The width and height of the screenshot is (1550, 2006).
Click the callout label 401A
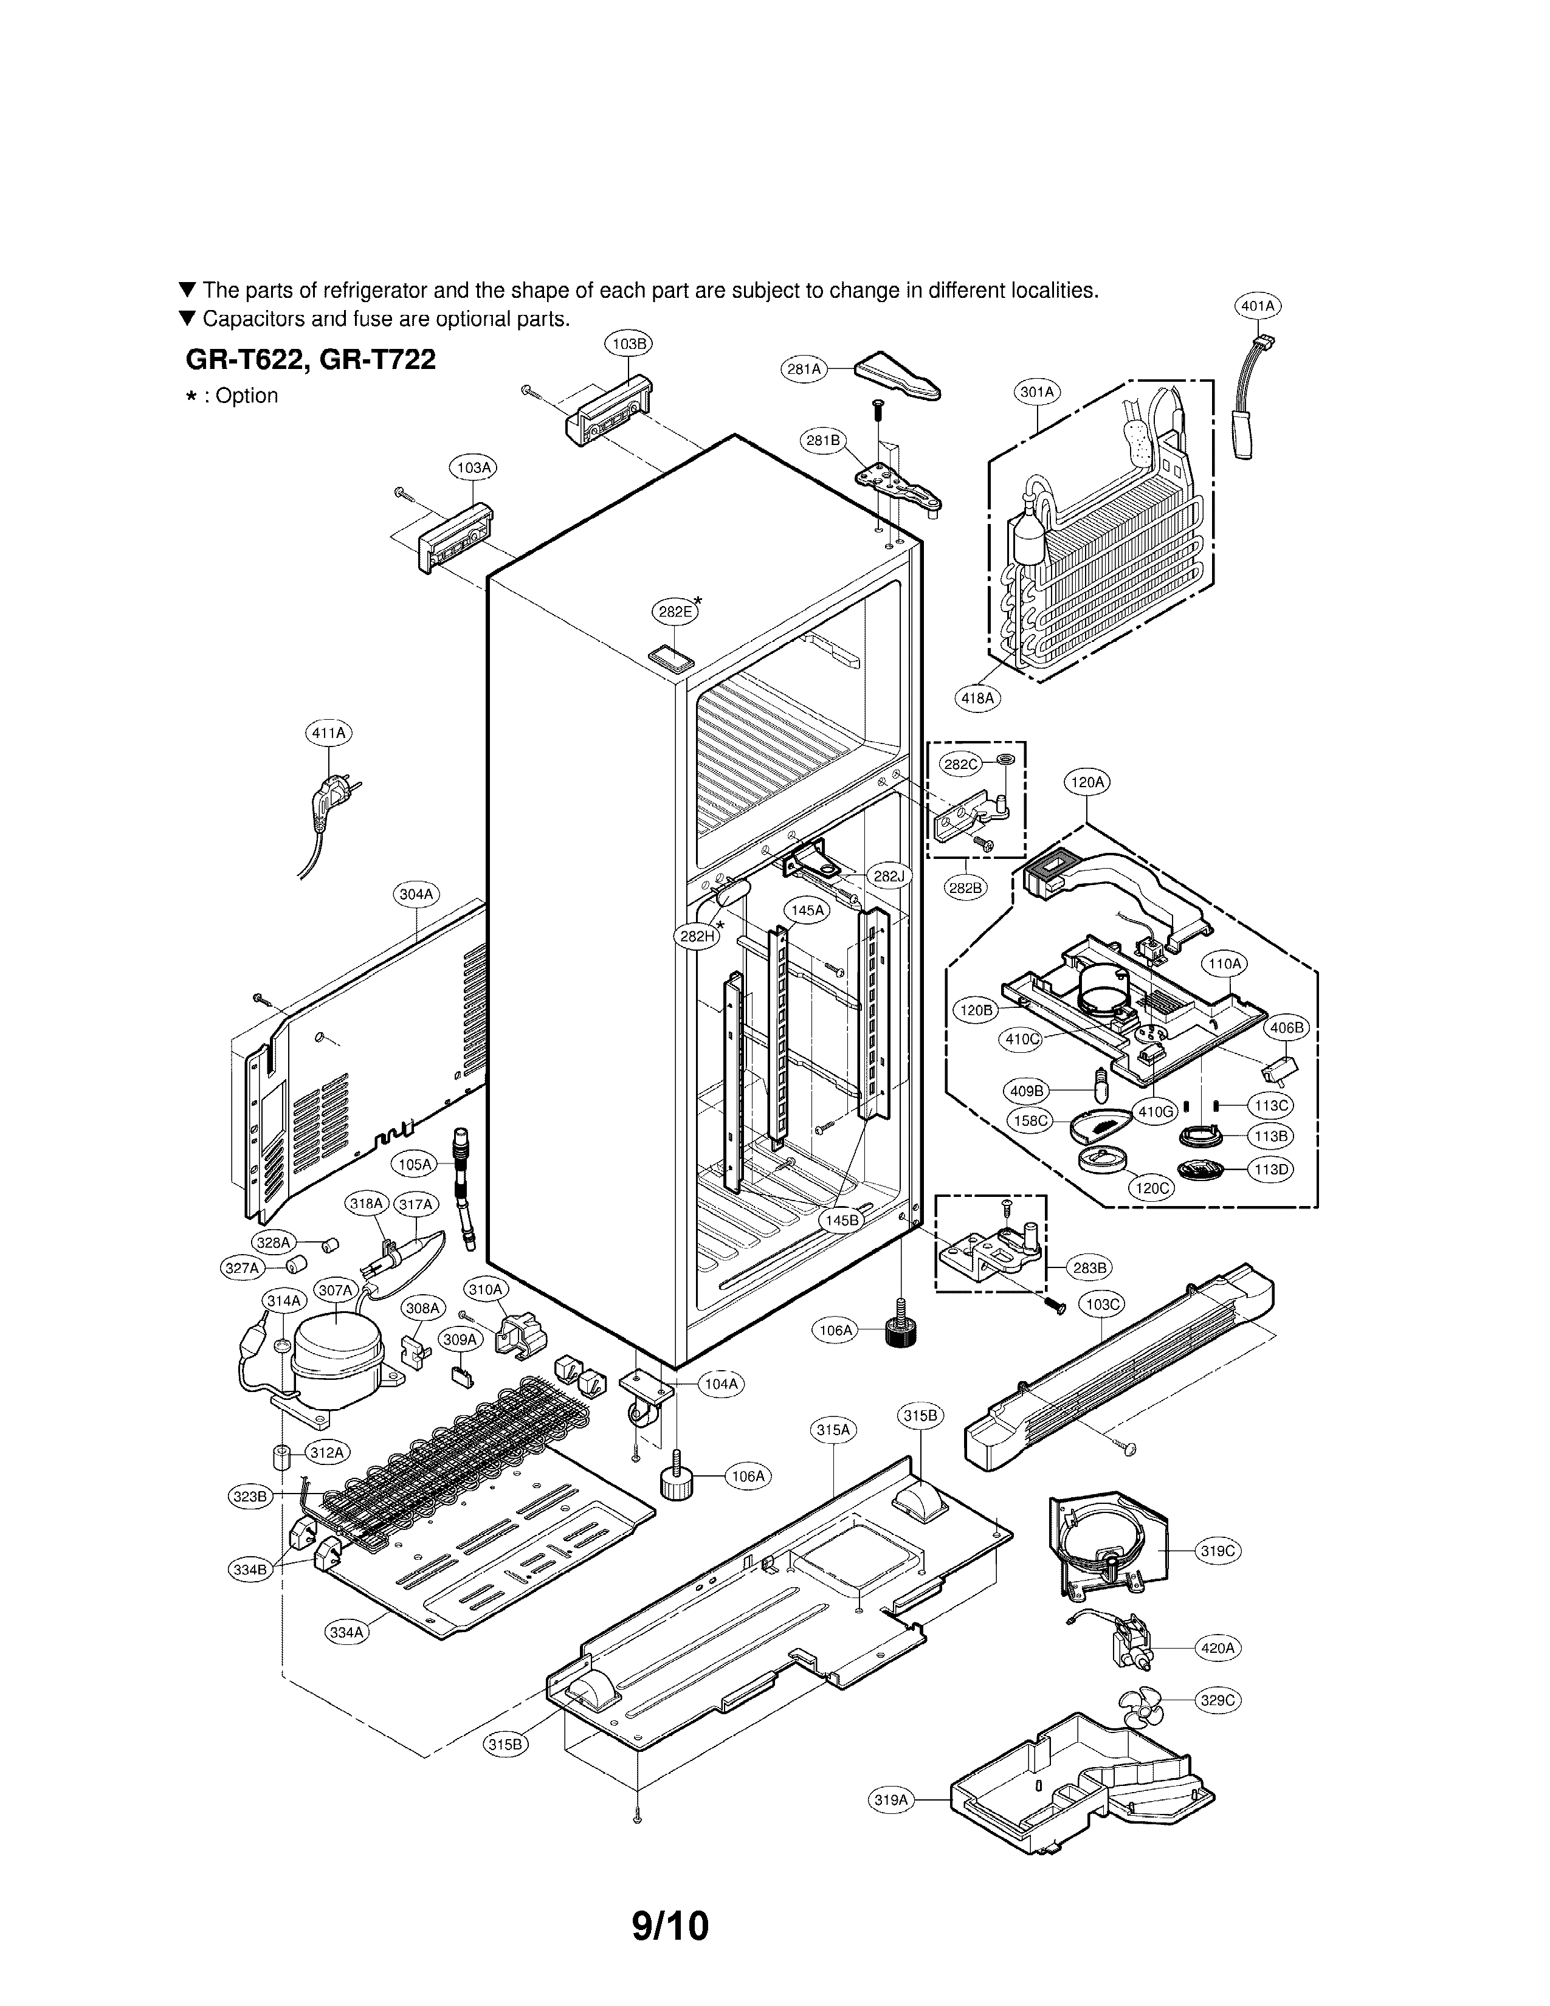pyautogui.click(x=1257, y=306)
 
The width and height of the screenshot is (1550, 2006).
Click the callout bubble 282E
pyautogui.click(x=675, y=612)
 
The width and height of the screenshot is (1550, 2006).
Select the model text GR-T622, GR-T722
pyautogui.click(x=311, y=359)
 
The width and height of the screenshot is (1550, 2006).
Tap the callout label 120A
pyautogui.click(x=1087, y=782)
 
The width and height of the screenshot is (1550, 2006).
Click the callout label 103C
pyautogui.click(x=1103, y=1303)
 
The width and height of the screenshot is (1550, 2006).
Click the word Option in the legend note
pyautogui.click(x=247, y=396)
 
